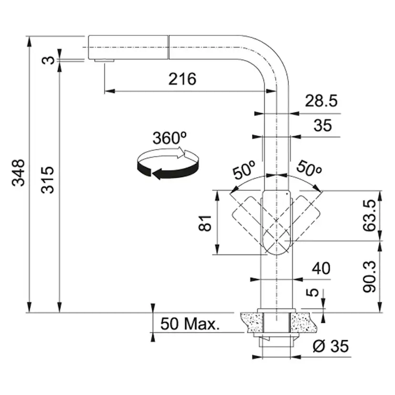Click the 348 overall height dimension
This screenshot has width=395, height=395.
(19, 173)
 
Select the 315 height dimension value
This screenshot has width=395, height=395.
(48, 180)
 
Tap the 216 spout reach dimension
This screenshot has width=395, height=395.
(182, 79)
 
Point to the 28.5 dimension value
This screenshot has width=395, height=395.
(321, 101)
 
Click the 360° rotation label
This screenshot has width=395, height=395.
(169, 138)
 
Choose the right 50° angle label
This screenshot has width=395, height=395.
(309, 168)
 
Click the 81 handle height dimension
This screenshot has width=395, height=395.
(205, 223)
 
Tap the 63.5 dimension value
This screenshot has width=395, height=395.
(370, 215)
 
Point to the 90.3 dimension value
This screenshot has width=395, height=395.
(370, 277)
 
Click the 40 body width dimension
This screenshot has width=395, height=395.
(321, 268)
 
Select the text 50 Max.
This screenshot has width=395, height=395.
(190, 324)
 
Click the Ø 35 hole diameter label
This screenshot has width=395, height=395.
(331, 346)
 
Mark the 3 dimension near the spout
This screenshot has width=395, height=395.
(48, 60)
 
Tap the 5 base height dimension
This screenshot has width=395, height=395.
(312, 292)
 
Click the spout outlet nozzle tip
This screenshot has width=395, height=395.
(104, 61)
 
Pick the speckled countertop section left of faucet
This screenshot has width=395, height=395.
(252, 322)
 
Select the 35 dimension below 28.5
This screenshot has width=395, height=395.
(322, 125)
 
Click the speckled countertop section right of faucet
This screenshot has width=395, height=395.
(304, 322)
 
